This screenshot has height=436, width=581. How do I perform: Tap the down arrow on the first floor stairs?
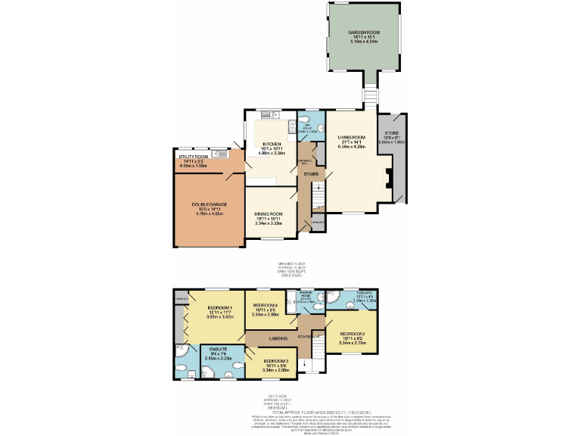click(304, 364)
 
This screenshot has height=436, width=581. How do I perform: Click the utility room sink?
click(217, 154)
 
